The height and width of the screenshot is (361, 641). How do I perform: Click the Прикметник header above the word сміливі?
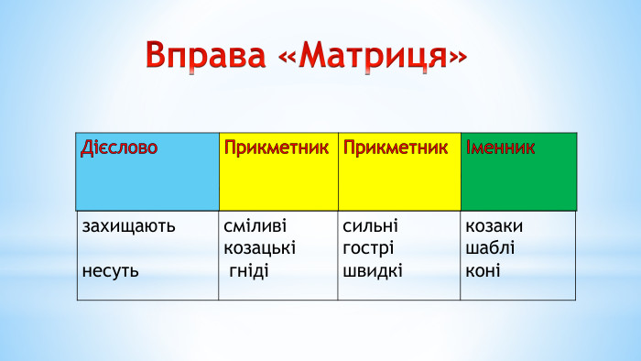click(276, 148)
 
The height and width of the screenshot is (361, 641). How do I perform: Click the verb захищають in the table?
click(128, 225)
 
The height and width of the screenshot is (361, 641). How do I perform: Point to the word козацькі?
click(260, 248)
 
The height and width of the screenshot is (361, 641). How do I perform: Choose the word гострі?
click(368, 248)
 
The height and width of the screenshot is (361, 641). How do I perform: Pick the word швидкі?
click(373, 270)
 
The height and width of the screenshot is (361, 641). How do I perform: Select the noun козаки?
click(494, 225)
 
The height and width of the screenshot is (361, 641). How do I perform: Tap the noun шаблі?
click(490, 248)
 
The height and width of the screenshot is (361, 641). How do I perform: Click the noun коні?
click(483, 270)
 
